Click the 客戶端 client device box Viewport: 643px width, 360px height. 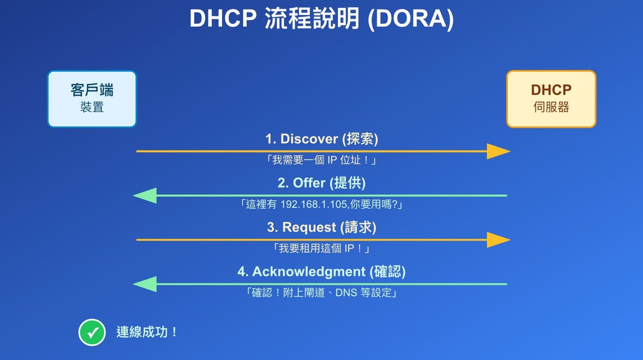tap(92, 99)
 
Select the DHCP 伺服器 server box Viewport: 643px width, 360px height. tap(551, 99)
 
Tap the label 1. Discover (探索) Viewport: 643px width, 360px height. tap(321, 139)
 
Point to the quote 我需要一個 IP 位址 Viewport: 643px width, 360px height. tap(321, 161)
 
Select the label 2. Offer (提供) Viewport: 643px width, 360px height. tap(321, 183)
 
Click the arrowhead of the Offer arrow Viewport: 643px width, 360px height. tap(144, 196)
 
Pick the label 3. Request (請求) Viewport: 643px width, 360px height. tap(321, 227)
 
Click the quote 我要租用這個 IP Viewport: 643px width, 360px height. tap(321, 249)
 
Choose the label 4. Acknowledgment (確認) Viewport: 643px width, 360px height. tap(321, 271)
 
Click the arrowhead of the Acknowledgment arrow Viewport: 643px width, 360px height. tap(144, 284)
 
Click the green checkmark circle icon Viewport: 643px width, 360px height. tap(92, 332)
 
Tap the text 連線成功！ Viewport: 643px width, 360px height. tap(147, 332)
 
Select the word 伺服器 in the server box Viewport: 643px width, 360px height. tap(551, 107)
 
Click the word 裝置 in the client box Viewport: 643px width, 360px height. tap(92, 107)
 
